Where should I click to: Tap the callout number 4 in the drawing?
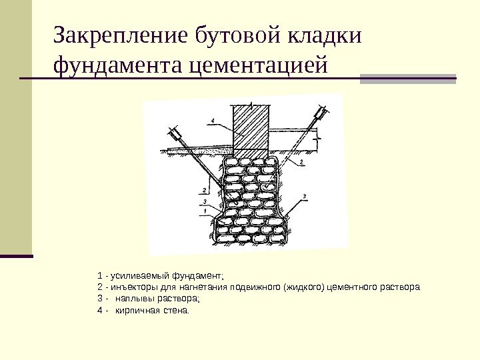point(211,121)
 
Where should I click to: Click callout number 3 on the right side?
point(304,195)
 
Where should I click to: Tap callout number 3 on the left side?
point(205,201)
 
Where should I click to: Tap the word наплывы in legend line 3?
point(133,299)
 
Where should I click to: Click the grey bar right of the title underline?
point(408,79)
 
